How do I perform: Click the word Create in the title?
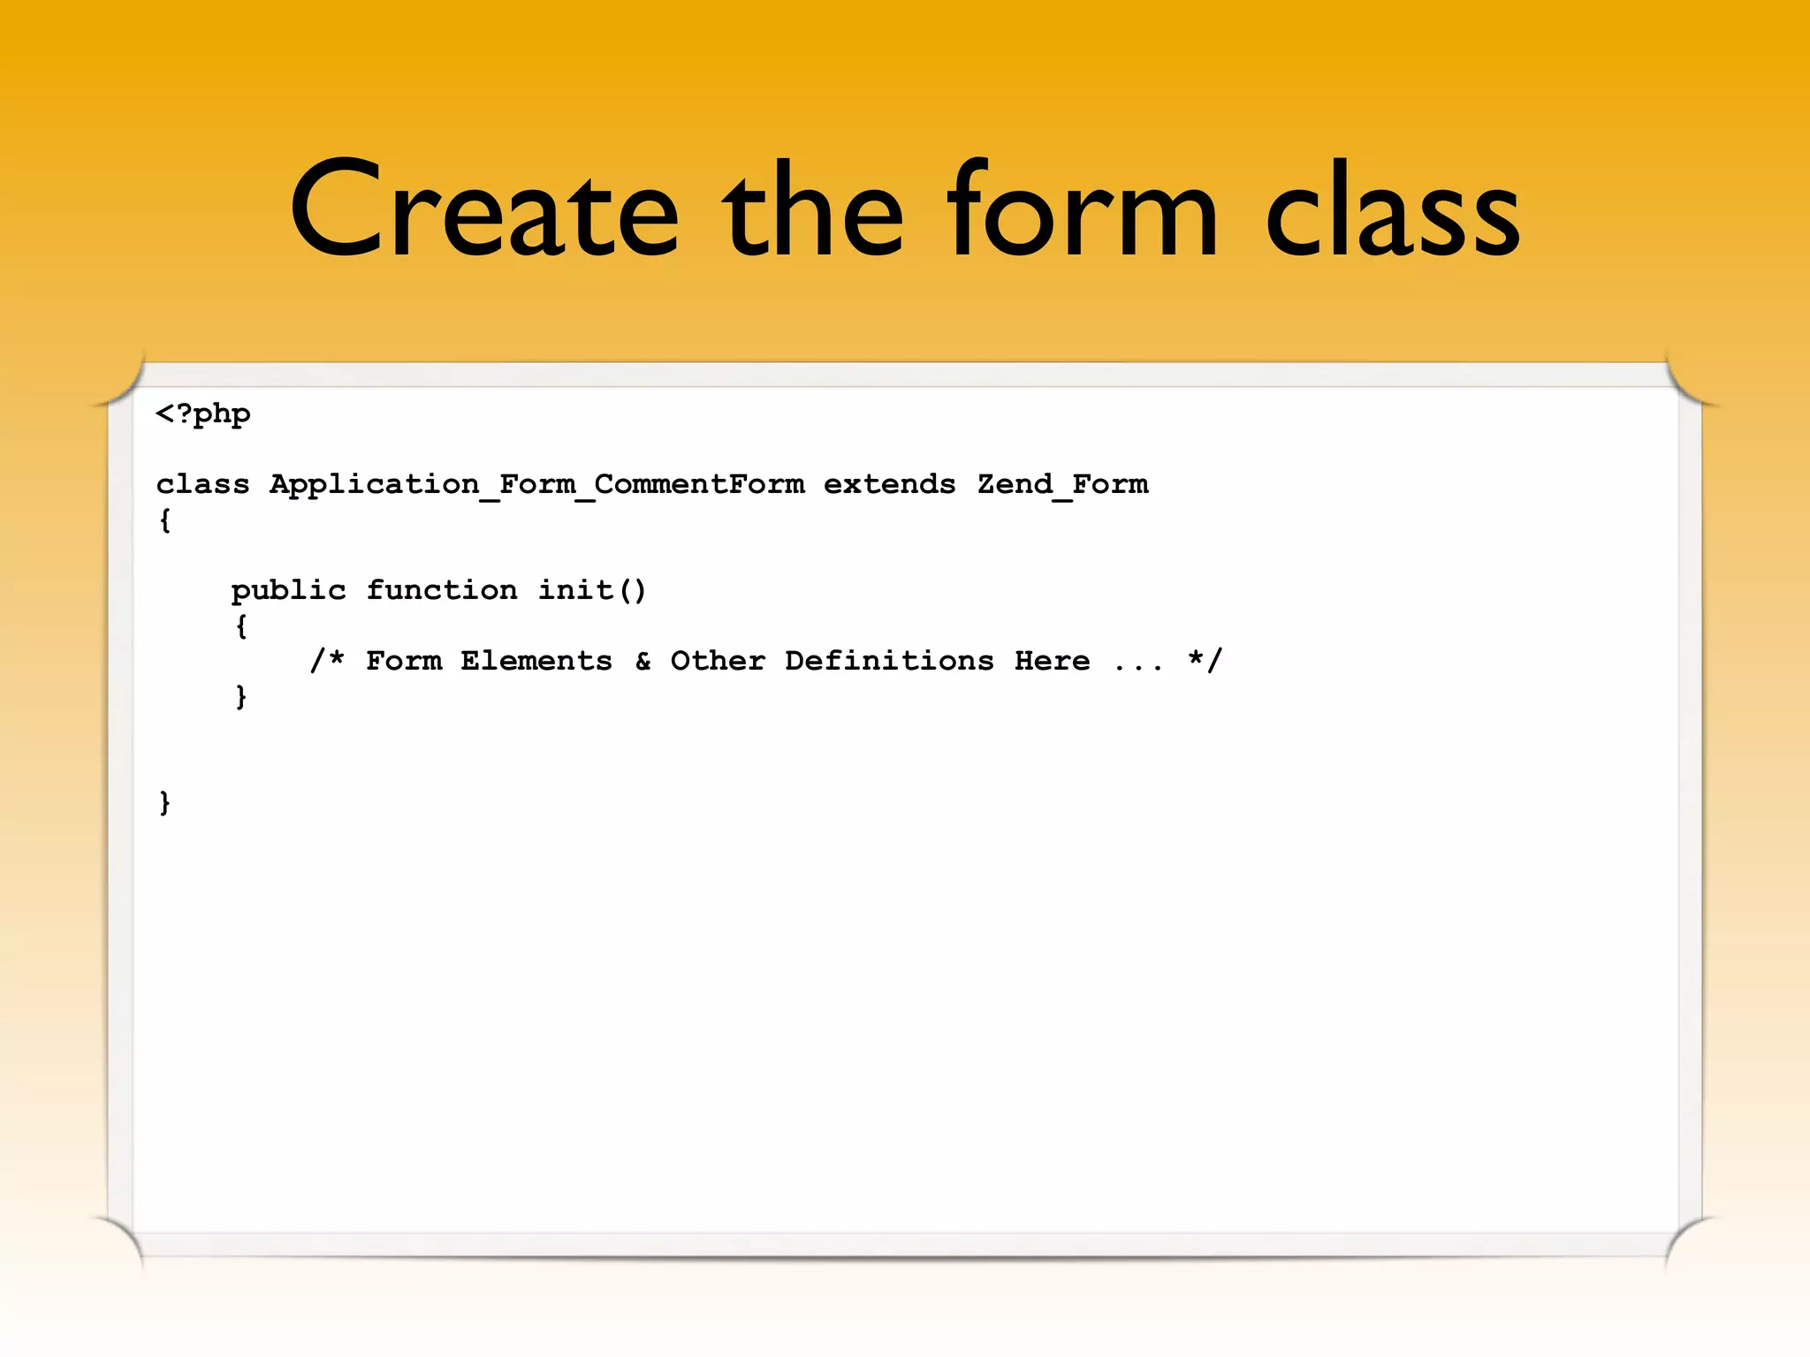pos(484,212)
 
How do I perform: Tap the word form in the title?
pos(1082,212)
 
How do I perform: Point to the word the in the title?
pos(813,212)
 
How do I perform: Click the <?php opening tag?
pos(203,414)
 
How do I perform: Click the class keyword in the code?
pos(202,484)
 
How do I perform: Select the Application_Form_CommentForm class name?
pos(536,485)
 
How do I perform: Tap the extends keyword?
pos(889,484)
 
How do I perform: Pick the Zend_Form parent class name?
pos(1062,485)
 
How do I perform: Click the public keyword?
pos(288,590)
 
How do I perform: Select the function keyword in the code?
pos(442,589)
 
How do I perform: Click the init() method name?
pos(592,589)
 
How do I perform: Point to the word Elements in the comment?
pos(536,661)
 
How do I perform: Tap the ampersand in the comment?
pos(643,661)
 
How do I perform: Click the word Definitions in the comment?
pos(889,661)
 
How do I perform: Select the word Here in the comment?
pos(1052,661)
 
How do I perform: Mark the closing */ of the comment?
pos(1205,660)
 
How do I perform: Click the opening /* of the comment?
pos(326,660)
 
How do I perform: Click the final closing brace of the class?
pos(164,802)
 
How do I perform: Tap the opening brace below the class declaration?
pos(164,520)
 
